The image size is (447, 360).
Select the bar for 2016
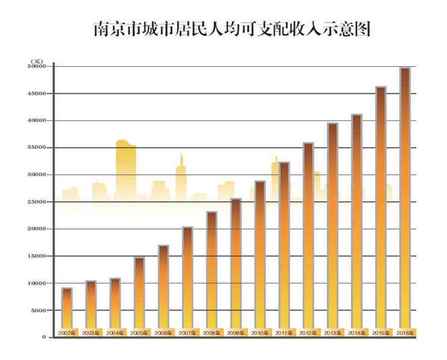coord(405,198)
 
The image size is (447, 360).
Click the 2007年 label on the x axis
coord(187,332)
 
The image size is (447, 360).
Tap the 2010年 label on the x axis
coord(260,332)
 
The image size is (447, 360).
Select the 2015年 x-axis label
coord(381,332)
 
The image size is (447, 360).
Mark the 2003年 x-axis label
coord(91,332)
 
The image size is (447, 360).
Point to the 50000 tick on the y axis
coord(37,67)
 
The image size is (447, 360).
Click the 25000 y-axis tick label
coord(37,202)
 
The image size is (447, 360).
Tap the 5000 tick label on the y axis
coord(39,310)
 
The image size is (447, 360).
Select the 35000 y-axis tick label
coord(37,148)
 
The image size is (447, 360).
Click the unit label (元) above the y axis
coord(37,61)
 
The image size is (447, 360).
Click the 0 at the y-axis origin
coord(44,337)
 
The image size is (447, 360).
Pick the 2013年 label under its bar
coord(333,332)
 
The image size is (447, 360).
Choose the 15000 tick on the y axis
coord(37,256)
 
